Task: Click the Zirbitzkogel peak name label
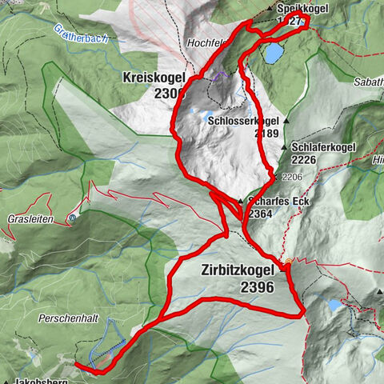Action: [237, 272]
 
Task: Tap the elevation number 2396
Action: [256, 287]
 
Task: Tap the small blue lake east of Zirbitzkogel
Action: [334, 305]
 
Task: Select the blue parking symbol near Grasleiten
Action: [74, 217]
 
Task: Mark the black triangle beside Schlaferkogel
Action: [286, 148]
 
